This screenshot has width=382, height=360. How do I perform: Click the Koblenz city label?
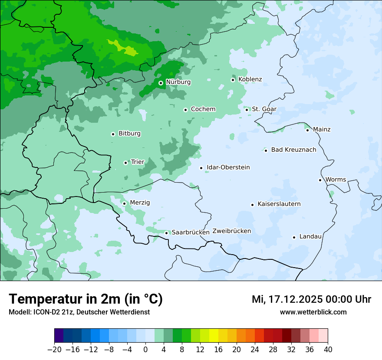[250, 79]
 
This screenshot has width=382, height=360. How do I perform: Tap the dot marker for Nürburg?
[161, 82]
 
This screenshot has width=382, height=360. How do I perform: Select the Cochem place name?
[203, 109]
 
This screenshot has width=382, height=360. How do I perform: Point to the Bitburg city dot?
[113, 134]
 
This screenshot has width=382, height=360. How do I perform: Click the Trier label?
[138, 162]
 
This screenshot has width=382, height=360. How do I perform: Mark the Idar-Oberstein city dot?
[201, 168]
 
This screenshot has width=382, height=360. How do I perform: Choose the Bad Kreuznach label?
[293, 150]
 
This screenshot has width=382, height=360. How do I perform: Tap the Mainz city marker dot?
[307, 130]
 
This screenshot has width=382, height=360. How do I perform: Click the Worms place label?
[336, 180]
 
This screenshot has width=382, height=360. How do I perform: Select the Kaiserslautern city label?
[279, 204]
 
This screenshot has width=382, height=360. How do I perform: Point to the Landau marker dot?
[294, 237]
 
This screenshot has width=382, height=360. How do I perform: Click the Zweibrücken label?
[231, 231]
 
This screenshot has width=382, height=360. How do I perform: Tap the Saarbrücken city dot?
[166, 233]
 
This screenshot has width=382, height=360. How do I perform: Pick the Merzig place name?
[140, 203]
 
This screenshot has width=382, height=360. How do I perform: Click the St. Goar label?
[264, 109]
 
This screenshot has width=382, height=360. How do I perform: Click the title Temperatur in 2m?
[86, 299]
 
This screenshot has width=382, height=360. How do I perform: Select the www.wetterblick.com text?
[313, 312]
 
